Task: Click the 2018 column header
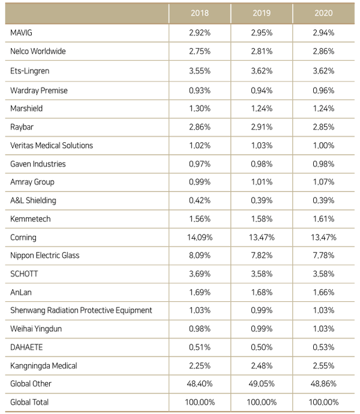coord(200,13)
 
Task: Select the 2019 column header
coord(262,13)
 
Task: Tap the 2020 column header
coord(323,13)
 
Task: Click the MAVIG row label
coord(21,33)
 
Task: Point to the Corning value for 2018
coord(200,238)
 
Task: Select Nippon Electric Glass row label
coord(44,256)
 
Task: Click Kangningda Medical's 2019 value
coord(262,365)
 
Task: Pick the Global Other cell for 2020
coord(323,383)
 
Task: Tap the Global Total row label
coord(29,402)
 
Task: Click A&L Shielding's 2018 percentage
coord(200,200)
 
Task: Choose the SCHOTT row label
coord(24,274)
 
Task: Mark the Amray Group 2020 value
coord(323,182)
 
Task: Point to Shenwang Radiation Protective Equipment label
coord(81,310)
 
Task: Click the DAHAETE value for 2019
coord(262,347)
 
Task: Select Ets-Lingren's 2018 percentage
coord(200,71)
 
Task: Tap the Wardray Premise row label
coord(39,91)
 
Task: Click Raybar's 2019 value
coord(262,127)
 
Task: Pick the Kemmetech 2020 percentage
coord(323,219)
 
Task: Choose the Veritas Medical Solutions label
coord(52,145)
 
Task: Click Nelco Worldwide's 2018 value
coord(200,51)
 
